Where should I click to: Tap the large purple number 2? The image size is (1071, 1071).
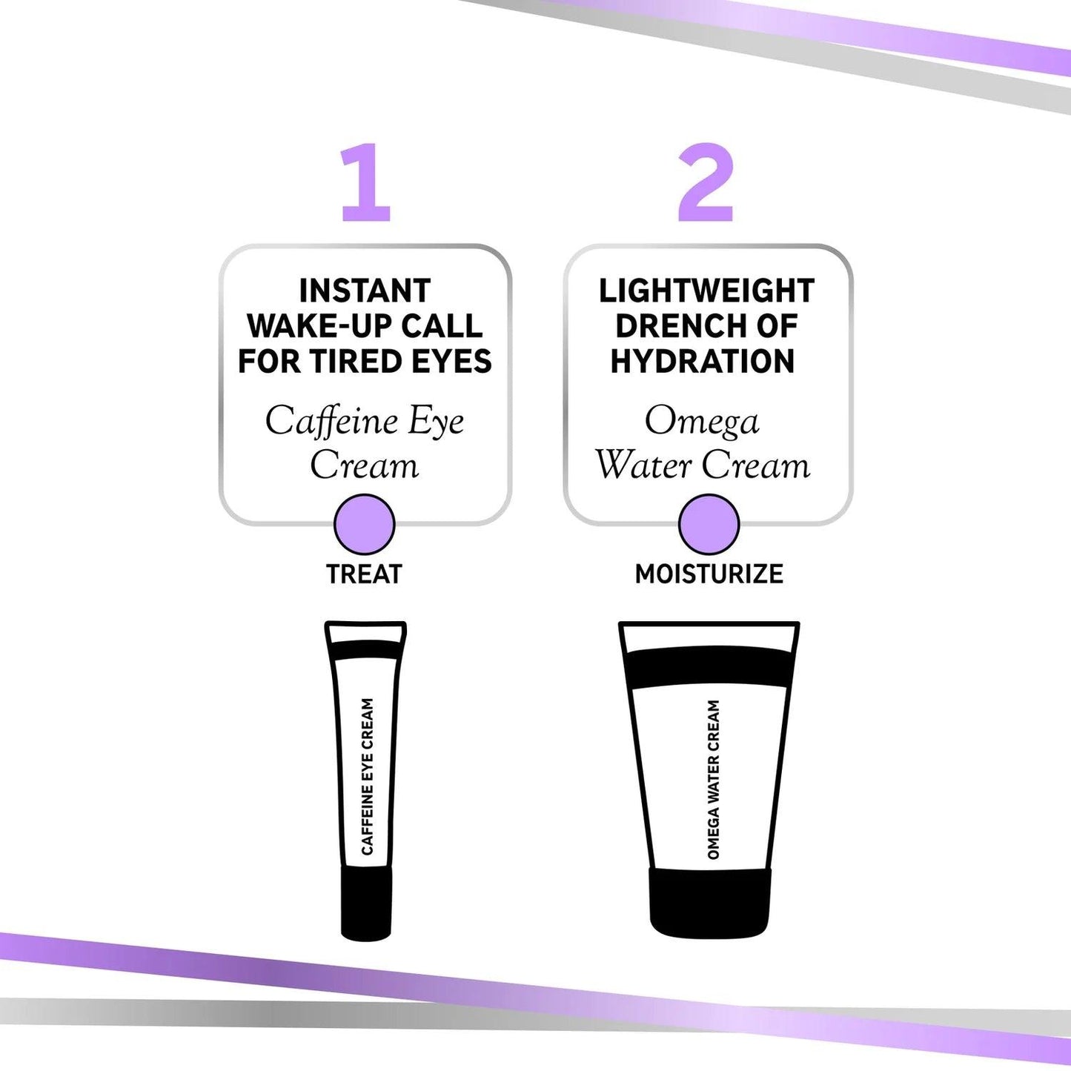click(x=706, y=183)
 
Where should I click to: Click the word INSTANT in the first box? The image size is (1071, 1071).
click(x=365, y=291)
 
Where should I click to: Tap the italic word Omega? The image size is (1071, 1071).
click(x=702, y=421)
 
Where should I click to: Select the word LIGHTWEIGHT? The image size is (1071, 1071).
click(x=706, y=291)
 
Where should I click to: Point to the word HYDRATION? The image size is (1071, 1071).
click(x=703, y=362)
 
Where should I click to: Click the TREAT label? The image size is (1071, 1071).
click(x=364, y=574)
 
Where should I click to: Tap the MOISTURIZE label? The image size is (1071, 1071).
click(x=709, y=574)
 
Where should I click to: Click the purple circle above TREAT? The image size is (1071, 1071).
click(x=365, y=525)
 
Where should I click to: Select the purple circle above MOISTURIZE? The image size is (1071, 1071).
click(x=709, y=525)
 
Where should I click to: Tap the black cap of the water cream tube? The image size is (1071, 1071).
click(x=710, y=901)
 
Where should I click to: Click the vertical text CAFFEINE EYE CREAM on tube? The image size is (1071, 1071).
click(x=368, y=777)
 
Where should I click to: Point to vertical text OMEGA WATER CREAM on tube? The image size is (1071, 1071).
click(x=714, y=780)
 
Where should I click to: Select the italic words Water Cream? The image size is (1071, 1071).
click(x=703, y=465)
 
